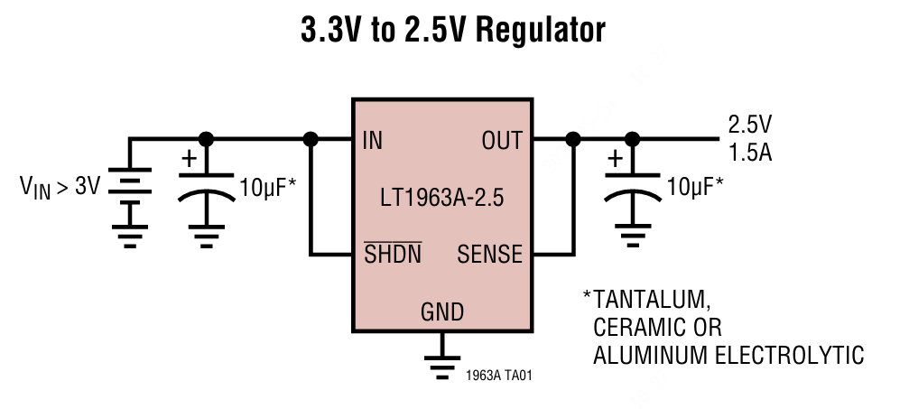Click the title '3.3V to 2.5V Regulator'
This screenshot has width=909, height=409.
tap(453, 31)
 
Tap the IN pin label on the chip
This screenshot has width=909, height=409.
tap(372, 141)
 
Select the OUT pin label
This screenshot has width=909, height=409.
tap(502, 141)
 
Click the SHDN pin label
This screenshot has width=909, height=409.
tap(393, 254)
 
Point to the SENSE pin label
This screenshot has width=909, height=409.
tap(489, 254)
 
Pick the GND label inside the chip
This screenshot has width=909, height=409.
tap(442, 312)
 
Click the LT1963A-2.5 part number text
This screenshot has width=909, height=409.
tap(441, 197)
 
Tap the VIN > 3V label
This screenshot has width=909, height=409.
tap(60, 188)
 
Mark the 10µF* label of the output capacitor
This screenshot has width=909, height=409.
tap(695, 188)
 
